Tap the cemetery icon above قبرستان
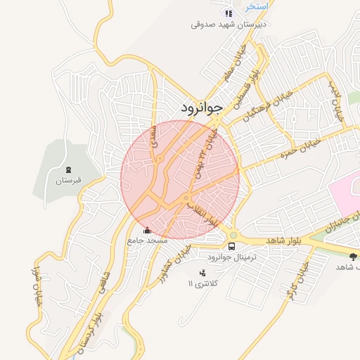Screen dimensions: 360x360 coord(68,169)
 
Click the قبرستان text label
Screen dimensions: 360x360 coord(68,181)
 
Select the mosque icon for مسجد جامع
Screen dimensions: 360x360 coord(146,230)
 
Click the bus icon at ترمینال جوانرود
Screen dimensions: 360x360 coord(231,246)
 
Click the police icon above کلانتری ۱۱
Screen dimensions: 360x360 coord(203,273)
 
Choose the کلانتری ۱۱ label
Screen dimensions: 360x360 coord(203,283)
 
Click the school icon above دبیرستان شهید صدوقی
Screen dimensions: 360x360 coord(227,13)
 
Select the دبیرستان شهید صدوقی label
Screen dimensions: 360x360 coord(226,25)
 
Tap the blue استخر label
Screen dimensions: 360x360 coord(257,6)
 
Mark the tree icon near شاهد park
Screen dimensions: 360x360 coord(352,256)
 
